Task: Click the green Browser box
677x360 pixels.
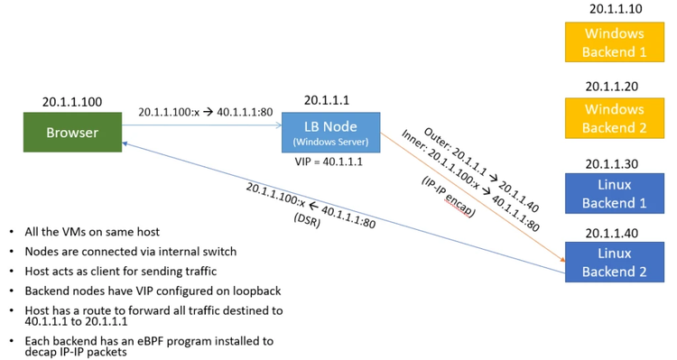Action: click(x=72, y=133)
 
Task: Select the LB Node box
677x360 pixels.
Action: click(x=330, y=134)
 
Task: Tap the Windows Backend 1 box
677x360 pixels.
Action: click(x=614, y=42)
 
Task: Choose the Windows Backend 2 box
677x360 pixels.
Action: click(x=614, y=119)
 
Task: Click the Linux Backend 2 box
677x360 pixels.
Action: click(x=614, y=263)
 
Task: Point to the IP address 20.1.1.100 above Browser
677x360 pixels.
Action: click(x=72, y=102)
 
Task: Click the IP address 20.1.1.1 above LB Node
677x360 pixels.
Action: click(x=329, y=100)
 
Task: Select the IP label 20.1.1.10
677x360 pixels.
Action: click(x=615, y=9)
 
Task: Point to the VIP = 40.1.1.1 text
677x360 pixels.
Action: click(x=329, y=163)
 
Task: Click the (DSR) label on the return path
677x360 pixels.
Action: click(x=307, y=217)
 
